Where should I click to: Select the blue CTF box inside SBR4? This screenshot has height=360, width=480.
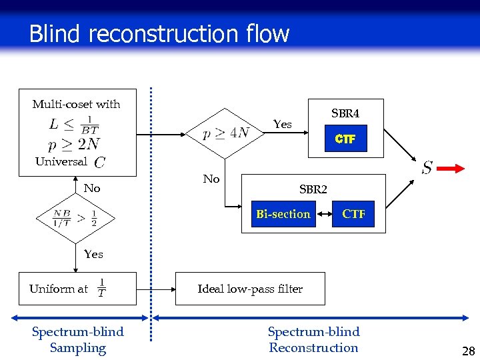pos(345,139)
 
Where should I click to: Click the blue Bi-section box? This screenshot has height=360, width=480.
pos(283,214)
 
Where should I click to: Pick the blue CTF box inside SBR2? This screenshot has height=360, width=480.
pos(353,214)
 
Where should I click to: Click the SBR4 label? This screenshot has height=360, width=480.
pos(345,114)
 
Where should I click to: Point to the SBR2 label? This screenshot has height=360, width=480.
pos(313,189)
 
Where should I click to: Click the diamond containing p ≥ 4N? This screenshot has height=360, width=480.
pos(226,133)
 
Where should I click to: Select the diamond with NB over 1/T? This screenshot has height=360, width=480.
pos(75,218)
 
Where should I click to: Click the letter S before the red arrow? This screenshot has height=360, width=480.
pos(427,168)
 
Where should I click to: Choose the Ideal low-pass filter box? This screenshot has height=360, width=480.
pos(250,289)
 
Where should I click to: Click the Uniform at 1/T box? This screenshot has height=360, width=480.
pos(77,289)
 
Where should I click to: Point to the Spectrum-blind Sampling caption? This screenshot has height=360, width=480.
pos(77,340)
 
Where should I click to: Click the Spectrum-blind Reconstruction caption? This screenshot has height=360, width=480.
pos(313,340)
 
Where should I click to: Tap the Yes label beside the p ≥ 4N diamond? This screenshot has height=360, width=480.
pos(283,125)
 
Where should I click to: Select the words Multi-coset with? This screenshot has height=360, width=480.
pos(76,104)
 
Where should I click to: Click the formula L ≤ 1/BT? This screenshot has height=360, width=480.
pos(74,125)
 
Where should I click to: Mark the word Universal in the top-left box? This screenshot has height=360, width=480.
pos(61,161)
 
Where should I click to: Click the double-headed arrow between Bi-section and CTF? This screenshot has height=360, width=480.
pos(321,214)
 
